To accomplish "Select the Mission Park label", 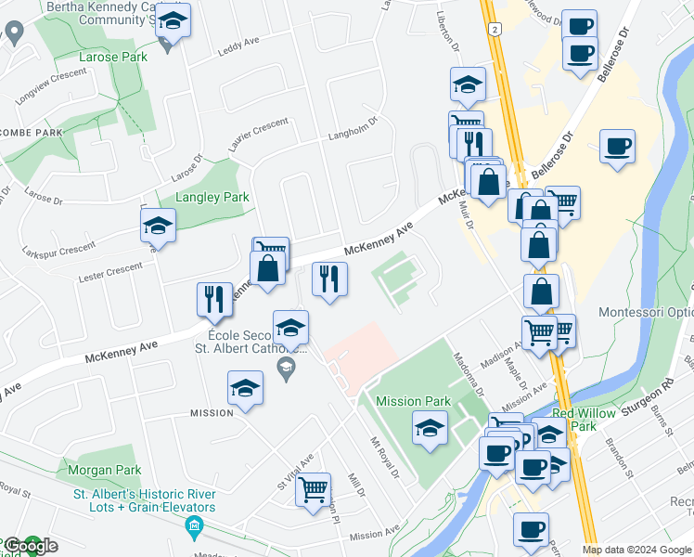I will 413,401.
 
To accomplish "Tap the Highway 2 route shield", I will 495,31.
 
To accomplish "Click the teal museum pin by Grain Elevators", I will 194,529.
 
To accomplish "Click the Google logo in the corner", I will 30,546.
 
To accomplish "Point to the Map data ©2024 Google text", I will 636,550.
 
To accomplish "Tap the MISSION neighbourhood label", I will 212,412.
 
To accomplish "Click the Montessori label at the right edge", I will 646,313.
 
